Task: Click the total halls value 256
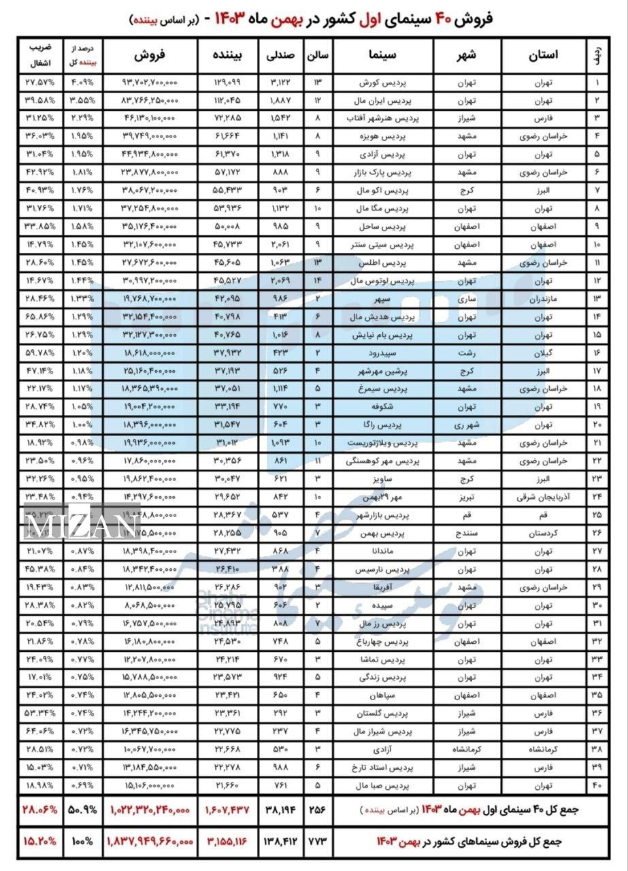coord(318,810)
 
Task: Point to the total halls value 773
coord(318,842)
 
